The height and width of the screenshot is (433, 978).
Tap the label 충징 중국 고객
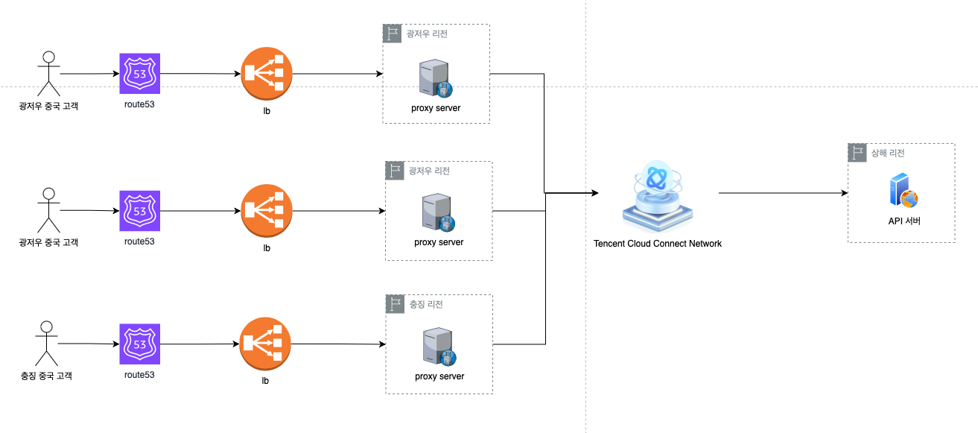(47, 376)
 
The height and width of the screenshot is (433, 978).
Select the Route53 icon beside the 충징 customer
(139, 344)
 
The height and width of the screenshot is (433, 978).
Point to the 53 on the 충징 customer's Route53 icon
(139, 344)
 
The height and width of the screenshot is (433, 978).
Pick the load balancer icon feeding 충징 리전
(266, 344)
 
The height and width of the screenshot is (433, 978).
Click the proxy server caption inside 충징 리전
(439, 376)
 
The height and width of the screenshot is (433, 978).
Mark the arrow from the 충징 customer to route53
(88, 344)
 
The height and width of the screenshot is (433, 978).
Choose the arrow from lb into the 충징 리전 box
(338, 344)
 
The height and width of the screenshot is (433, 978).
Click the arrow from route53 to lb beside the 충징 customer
(200, 344)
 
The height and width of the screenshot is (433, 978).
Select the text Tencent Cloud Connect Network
(658, 244)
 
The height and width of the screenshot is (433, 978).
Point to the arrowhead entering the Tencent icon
(594, 193)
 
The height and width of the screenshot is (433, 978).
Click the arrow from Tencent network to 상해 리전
(783, 193)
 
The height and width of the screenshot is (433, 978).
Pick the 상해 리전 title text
(888, 153)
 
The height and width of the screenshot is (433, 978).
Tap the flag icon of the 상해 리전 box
(857, 153)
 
